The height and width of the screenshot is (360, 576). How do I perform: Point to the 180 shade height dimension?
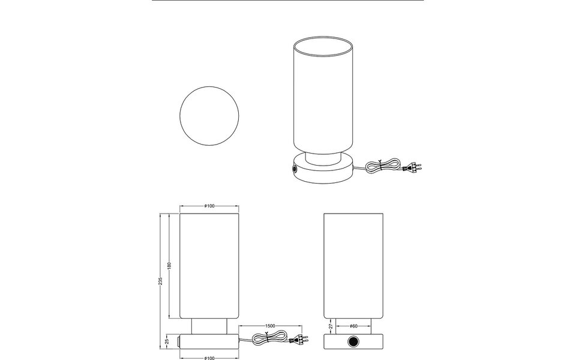tap(170, 266)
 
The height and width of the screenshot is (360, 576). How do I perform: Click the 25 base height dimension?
tap(166, 342)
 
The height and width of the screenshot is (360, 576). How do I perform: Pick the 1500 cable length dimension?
tap(270, 326)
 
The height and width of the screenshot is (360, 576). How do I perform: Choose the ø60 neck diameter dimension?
tap(353, 326)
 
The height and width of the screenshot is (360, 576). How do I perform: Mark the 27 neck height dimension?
tap(331, 327)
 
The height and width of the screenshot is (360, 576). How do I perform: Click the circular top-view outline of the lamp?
tap(210, 116)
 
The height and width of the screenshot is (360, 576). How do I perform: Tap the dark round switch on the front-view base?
tap(353, 342)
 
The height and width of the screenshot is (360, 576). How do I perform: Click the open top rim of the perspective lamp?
tap(322, 47)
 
